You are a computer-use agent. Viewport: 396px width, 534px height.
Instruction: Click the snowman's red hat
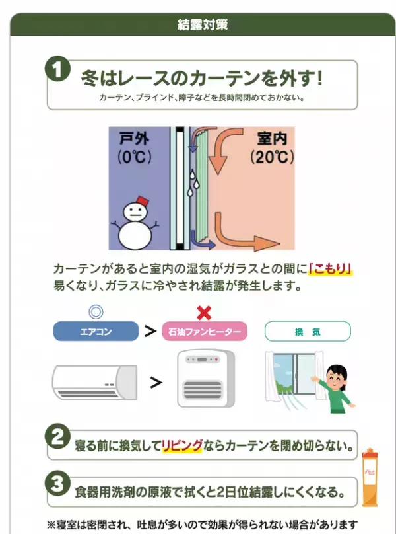(x=142, y=199)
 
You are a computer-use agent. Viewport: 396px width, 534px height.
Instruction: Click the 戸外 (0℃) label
(x=135, y=148)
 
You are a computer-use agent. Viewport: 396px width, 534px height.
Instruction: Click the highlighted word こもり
(x=332, y=269)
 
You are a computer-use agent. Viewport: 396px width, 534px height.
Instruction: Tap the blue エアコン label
(x=96, y=330)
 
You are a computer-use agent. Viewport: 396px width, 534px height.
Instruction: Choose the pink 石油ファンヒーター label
(x=205, y=330)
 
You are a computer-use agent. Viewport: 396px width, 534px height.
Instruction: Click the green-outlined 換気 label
(x=307, y=330)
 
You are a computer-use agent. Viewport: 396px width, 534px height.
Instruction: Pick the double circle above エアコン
(x=96, y=311)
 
